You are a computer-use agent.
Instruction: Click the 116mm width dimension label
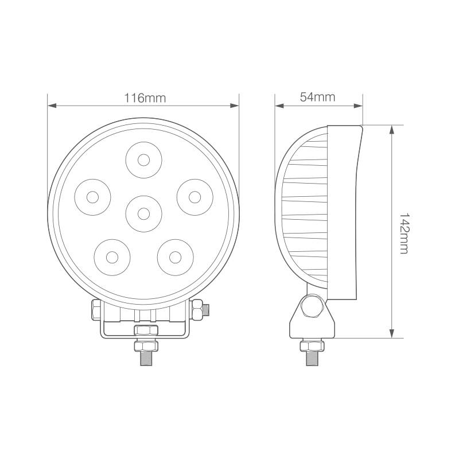pyautogui.click(x=145, y=98)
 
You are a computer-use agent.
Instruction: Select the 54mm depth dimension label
pyautogui.click(x=317, y=97)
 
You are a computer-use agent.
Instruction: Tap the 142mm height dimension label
pyautogui.click(x=403, y=232)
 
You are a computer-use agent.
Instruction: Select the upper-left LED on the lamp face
pyautogui.click(x=92, y=197)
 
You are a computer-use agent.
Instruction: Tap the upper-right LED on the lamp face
pyautogui.click(x=195, y=197)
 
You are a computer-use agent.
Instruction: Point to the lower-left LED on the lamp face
pyautogui.click(x=112, y=256)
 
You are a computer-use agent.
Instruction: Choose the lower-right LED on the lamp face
pyautogui.click(x=174, y=256)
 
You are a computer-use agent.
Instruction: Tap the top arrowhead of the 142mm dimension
pyautogui.click(x=392, y=129)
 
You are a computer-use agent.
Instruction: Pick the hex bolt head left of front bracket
pyautogui.click(x=94, y=310)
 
